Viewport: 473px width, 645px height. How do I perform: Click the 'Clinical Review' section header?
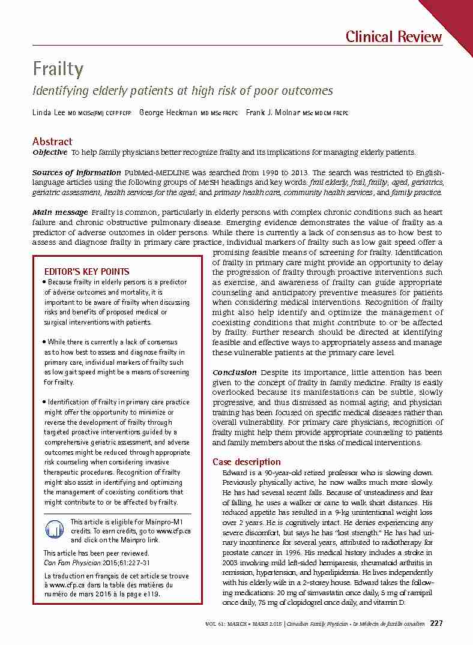tap(394, 37)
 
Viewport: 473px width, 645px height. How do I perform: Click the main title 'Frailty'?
tap(58, 70)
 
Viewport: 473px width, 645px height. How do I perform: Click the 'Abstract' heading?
tap(52, 142)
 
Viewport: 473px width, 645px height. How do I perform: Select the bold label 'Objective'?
tap(50, 152)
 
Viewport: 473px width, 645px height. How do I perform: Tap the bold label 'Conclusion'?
tap(235, 373)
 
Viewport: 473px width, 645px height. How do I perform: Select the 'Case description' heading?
tap(247, 462)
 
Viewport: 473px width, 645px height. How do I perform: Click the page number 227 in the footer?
tap(436, 623)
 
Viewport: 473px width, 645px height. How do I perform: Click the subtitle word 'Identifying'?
tap(58, 91)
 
